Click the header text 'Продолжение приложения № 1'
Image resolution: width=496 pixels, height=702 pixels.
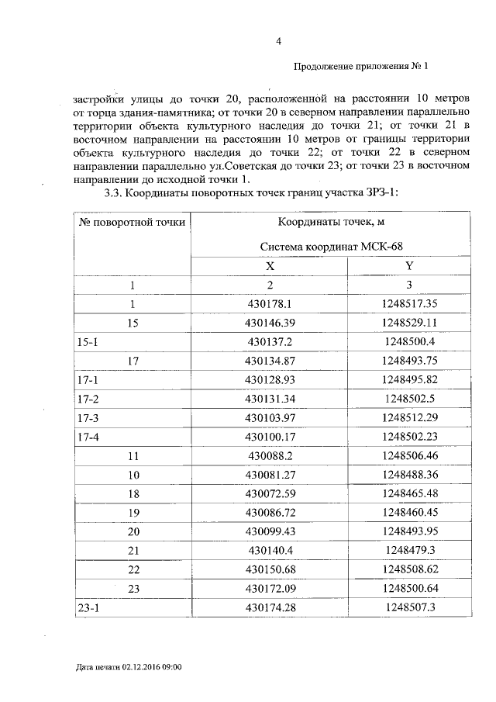tap(361, 67)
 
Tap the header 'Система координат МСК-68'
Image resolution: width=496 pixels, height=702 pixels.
tap(332, 246)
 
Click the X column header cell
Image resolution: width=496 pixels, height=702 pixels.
tap(270, 265)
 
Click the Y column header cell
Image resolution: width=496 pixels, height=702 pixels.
tap(409, 265)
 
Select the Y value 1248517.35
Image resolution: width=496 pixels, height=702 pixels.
tap(409, 303)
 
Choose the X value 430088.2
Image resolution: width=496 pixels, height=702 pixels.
tap(270, 455)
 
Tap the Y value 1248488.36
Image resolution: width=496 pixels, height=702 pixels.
tap(409, 475)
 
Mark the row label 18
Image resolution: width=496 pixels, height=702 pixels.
tap(133, 493)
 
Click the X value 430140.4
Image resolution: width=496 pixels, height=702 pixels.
tap(270, 551)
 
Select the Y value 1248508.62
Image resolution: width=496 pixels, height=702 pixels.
tap(409, 569)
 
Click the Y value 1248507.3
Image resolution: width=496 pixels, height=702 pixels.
tap(409, 608)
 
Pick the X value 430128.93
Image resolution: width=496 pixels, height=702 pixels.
tap(270, 379)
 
